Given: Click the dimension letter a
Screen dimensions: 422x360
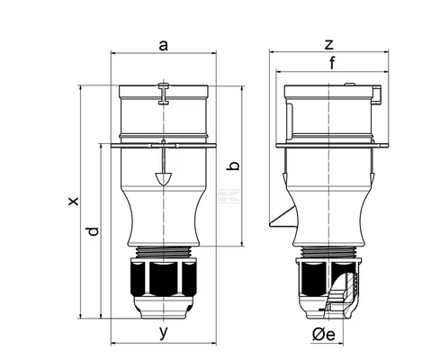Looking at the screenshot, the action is point(163,46).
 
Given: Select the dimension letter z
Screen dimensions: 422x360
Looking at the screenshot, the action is point(329,44).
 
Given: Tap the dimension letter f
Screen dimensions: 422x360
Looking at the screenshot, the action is point(332,63).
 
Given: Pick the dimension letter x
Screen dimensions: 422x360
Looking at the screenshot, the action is point(73,202).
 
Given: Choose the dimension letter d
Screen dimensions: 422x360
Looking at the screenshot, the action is point(93,231).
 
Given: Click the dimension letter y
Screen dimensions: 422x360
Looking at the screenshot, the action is point(163,332).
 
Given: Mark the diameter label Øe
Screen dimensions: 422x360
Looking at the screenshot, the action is point(323,335).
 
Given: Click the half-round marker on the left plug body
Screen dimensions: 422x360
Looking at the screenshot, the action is point(164,179).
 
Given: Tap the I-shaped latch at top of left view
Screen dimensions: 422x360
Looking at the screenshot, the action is point(164,94).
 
